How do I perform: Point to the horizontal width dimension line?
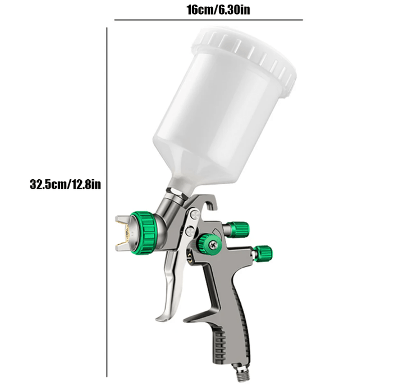[x=208, y=20]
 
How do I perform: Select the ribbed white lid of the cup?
[x=247, y=53]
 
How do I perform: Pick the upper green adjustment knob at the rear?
[x=239, y=228]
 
